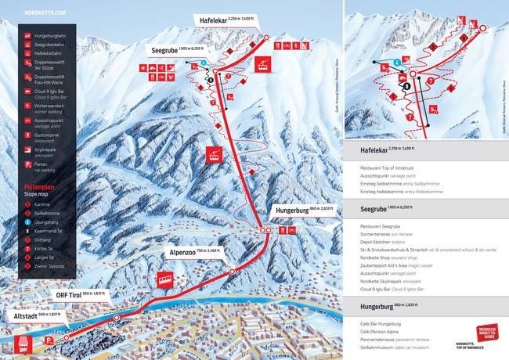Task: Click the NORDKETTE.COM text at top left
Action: pos(45,13)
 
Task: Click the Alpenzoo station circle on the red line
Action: pos(231,268)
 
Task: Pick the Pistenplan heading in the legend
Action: pos(39,185)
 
